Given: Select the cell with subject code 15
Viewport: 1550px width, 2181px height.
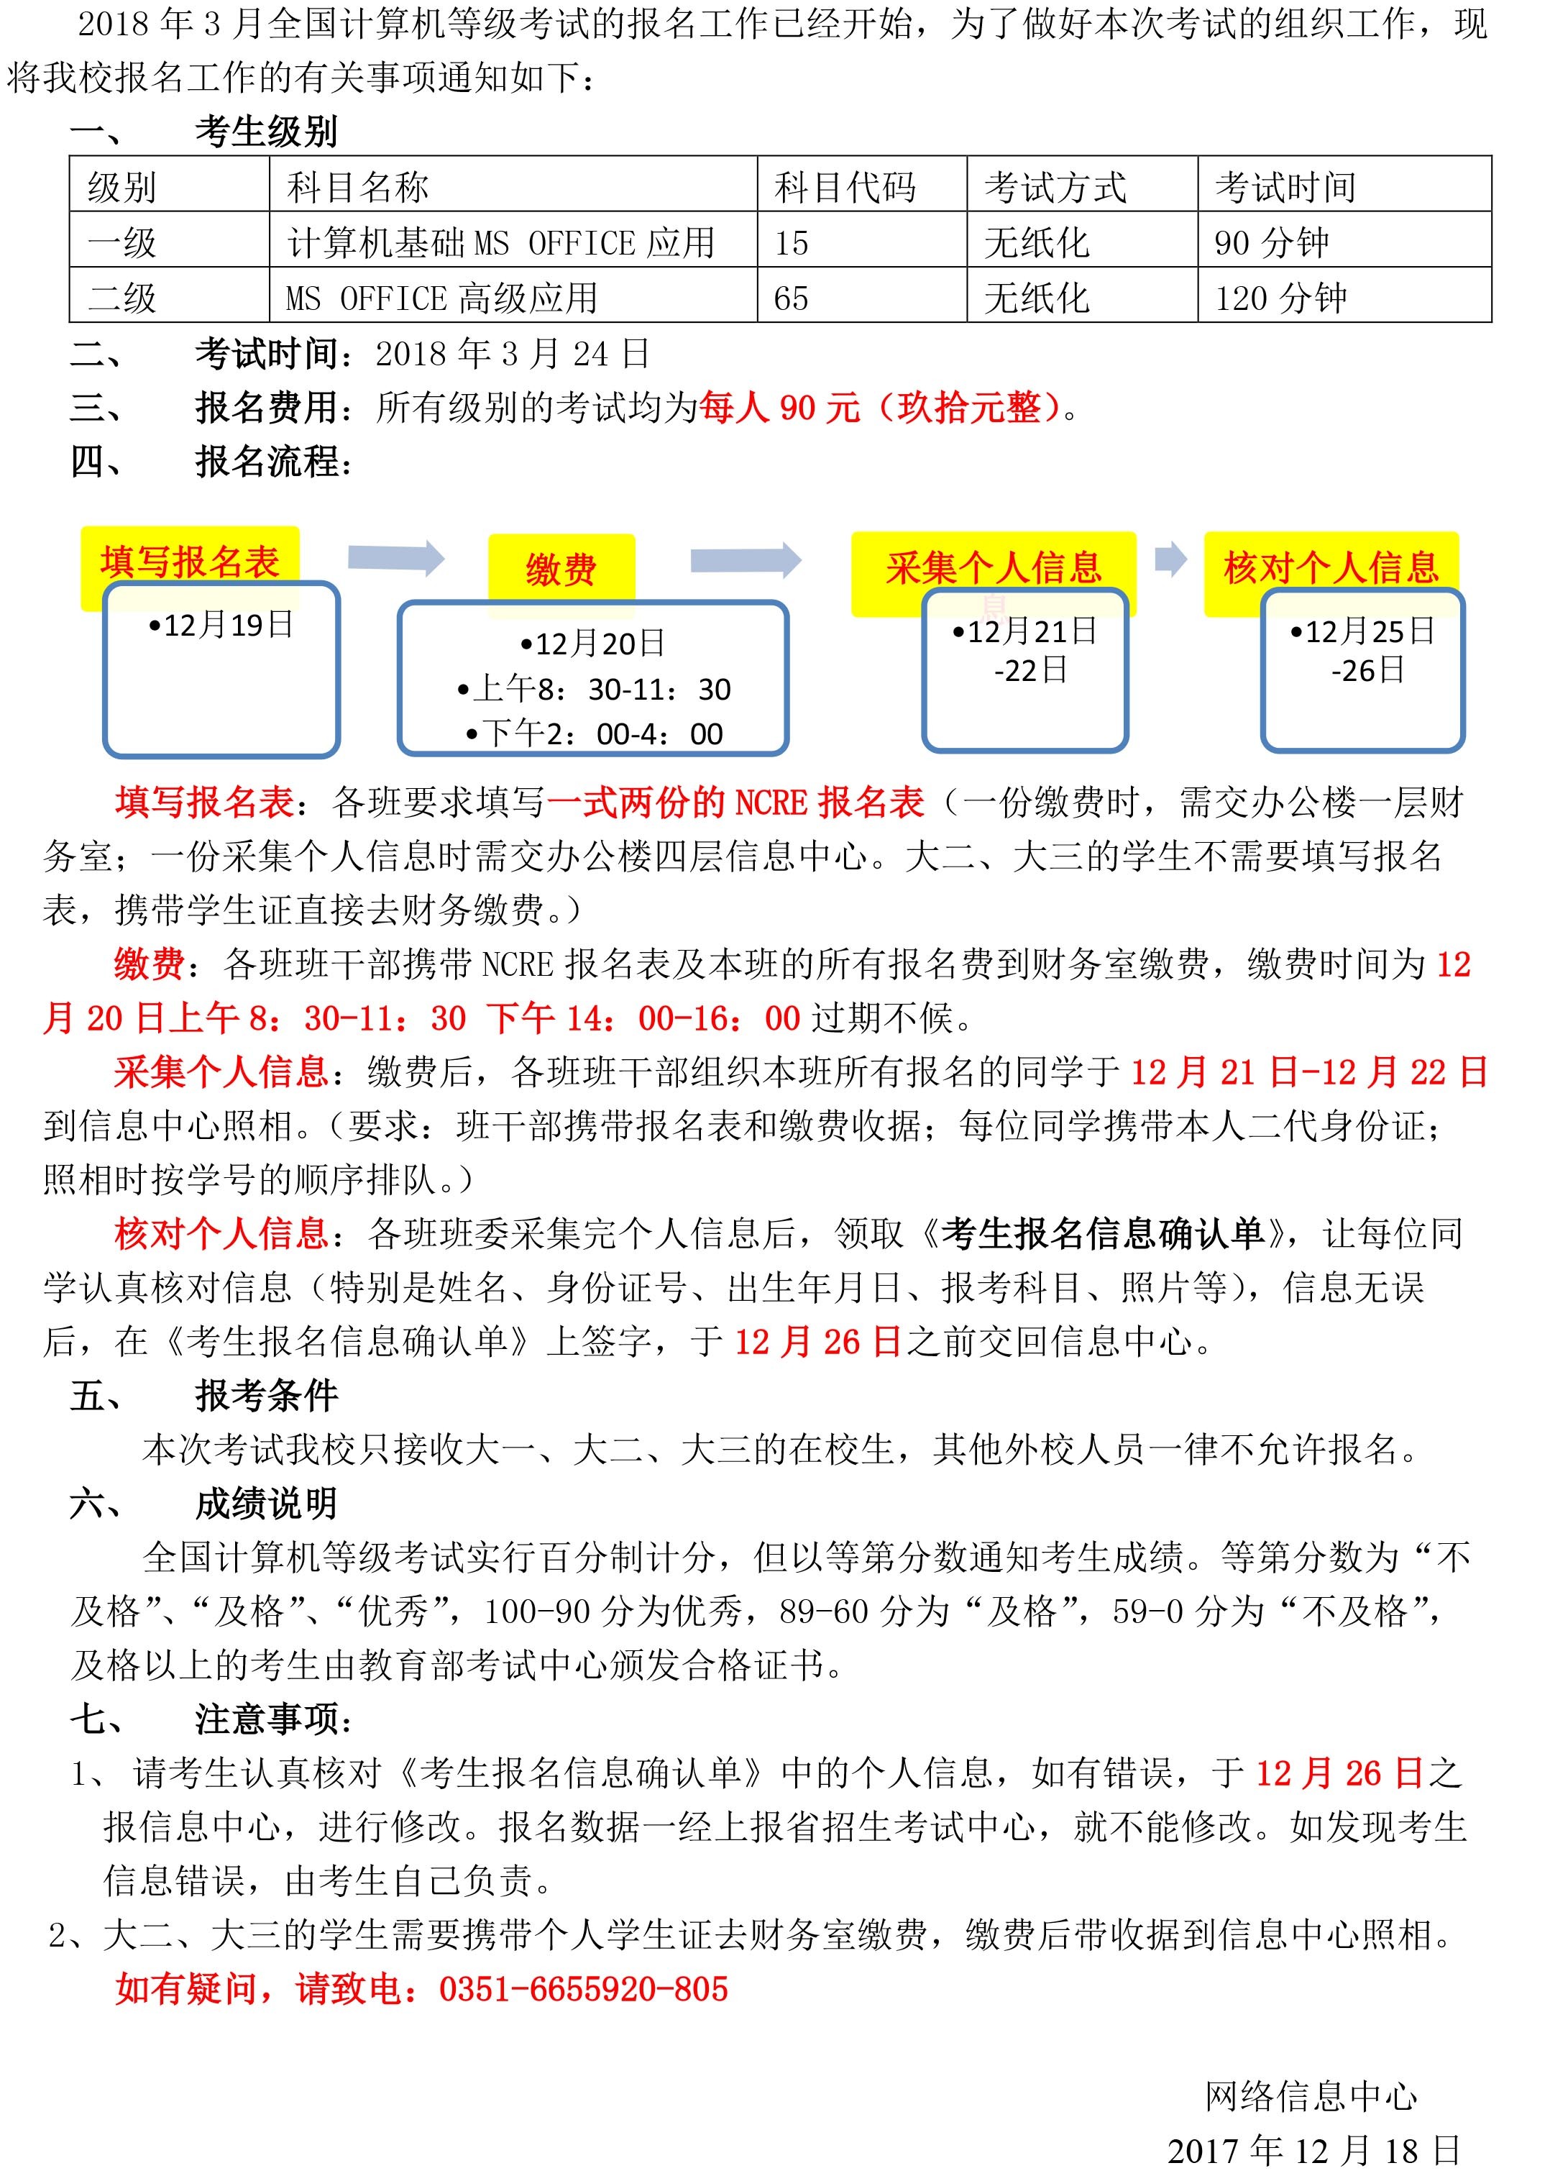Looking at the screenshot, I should pyautogui.click(x=792, y=243).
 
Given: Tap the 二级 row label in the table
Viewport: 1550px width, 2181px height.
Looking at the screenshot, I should pyautogui.click(x=122, y=298).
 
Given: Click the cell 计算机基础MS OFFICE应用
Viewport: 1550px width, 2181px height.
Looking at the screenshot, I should pyautogui.click(x=500, y=243).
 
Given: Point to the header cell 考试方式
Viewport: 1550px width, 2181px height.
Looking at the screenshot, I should pyautogui.click(x=1055, y=187).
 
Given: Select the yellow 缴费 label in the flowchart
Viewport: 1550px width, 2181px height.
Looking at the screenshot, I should pyautogui.click(x=561, y=569).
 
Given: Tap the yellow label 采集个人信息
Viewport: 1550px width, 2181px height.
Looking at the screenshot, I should pyautogui.click(x=993, y=567).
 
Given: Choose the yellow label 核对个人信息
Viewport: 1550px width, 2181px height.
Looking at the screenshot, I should pyautogui.click(x=1331, y=567).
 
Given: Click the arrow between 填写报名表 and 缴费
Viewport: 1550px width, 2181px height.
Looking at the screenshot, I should pyautogui.click(x=396, y=559).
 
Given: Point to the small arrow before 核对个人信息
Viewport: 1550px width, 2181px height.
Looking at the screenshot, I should pyautogui.click(x=1170, y=559).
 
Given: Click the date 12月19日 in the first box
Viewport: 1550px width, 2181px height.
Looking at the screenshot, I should pyautogui.click(x=221, y=625).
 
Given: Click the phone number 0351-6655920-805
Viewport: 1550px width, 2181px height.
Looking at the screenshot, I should pyautogui.click(x=583, y=1989).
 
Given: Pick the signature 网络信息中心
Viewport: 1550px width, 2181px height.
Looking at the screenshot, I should pyautogui.click(x=1311, y=2097).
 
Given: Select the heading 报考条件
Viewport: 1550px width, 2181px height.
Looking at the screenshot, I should pyautogui.click(x=266, y=1396).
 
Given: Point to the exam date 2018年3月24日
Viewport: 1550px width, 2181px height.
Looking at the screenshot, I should pyautogui.click(x=512, y=354).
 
